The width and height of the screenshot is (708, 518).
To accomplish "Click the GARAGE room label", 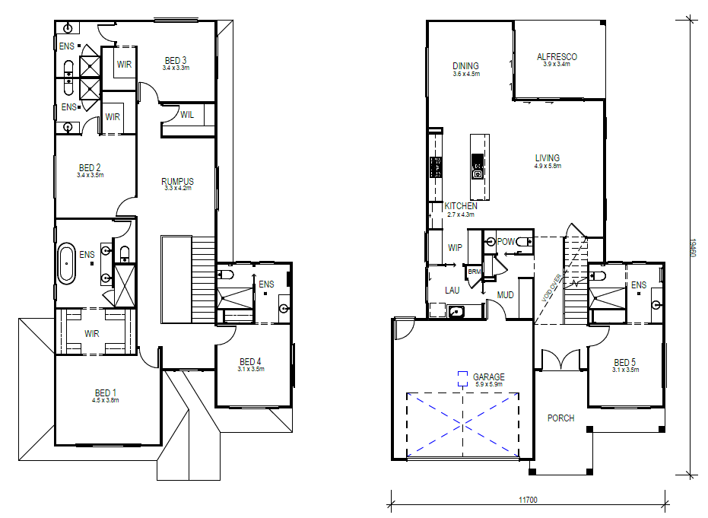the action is tap(488, 377).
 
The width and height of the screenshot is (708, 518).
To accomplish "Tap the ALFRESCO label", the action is tap(557, 57).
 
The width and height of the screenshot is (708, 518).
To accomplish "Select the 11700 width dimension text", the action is tap(528, 500).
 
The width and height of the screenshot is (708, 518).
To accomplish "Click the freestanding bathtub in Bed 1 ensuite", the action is tap(67, 264).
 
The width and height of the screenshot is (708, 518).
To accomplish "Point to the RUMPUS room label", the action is tap(177, 182).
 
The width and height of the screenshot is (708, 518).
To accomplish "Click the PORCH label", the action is tap(560, 418).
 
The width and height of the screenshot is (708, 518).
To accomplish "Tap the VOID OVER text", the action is tap(552, 288).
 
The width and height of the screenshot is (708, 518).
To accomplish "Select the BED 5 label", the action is tap(625, 362).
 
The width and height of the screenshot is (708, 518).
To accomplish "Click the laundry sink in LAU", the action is tap(456, 311).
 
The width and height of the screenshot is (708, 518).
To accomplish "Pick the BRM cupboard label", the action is tap(474, 272).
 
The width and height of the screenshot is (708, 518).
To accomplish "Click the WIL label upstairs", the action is tap(187, 115).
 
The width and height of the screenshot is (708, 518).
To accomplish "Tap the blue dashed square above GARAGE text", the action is tap(462, 379).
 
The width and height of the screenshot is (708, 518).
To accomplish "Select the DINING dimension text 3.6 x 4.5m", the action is tap(466, 74).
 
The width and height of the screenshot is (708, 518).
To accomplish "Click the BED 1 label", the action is tap(106, 393).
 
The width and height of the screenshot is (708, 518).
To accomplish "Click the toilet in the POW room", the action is tap(524, 242).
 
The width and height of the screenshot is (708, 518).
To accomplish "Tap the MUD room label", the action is tap(505, 295).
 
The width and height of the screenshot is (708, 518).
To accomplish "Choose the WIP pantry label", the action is tap(455, 247).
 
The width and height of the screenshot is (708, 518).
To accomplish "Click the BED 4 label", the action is tap(250, 362).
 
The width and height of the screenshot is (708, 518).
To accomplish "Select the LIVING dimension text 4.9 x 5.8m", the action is tap(548, 166).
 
